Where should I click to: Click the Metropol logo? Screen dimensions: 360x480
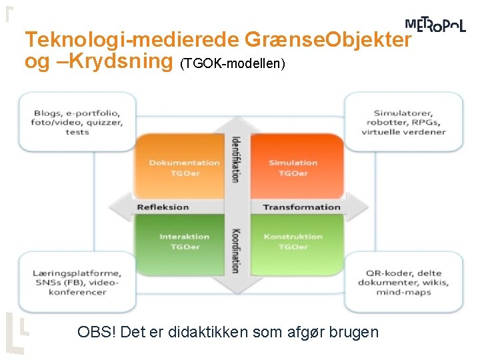click(x=435, y=25)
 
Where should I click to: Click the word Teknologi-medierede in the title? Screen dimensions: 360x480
click(x=132, y=40)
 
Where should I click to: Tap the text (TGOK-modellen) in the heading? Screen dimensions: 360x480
click(x=233, y=64)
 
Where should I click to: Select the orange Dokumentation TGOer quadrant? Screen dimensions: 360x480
click(x=184, y=168)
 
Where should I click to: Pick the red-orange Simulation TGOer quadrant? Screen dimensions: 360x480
click(x=293, y=168)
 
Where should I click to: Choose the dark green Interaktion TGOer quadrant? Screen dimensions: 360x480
click(x=184, y=241)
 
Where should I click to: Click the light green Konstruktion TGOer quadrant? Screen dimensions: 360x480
click(x=293, y=241)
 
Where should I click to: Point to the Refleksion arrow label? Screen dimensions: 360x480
click(x=163, y=207)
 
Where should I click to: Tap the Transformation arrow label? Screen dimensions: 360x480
click(x=301, y=207)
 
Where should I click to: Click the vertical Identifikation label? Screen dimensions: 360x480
click(x=235, y=159)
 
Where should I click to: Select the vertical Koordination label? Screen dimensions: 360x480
click(x=235, y=251)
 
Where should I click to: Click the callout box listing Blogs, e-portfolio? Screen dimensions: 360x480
click(x=77, y=122)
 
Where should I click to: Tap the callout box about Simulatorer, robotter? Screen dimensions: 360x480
click(x=403, y=122)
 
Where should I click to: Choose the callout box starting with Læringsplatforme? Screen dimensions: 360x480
click(x=77, y=283)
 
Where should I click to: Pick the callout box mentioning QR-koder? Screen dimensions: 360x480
click(x=403, y=283)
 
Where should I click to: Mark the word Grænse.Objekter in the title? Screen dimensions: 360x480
click(x=328, y=40)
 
